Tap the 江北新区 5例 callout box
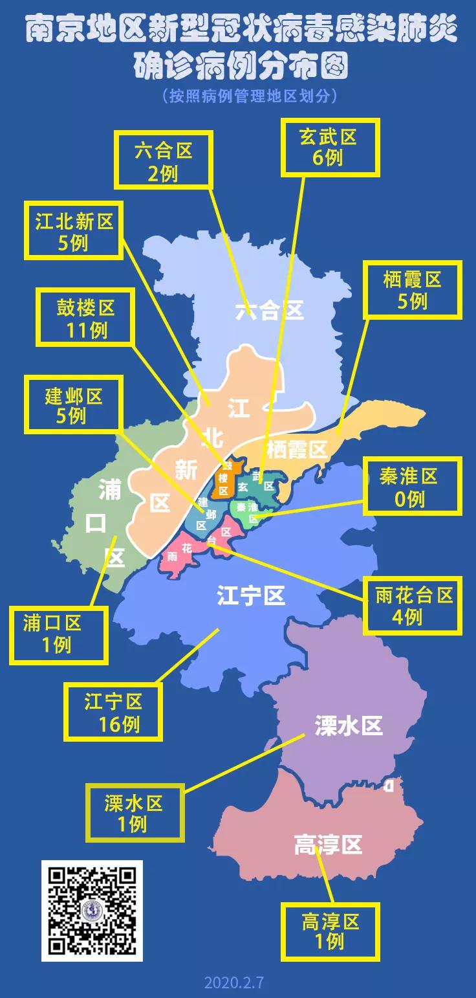[x=73, y=231]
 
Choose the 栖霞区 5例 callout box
[x=413, y=289]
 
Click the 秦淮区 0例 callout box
[x=413, y=487]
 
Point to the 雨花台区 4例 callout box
[x=413, y=605]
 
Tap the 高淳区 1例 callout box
[x=330, y=932]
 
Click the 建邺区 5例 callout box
[x=73, y=405]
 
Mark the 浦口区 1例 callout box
[x=58, y=634]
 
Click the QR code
[x=92, y=911]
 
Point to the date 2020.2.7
[x=234, y=982]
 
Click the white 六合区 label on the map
[x=269, y=311]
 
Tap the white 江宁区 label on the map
[x=251, y=595]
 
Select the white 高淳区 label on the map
[x=328, y=845]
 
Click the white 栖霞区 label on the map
[x=296, y=449]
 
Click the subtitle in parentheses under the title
[x=250, y=96]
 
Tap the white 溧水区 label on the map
[x=349, y=725]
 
